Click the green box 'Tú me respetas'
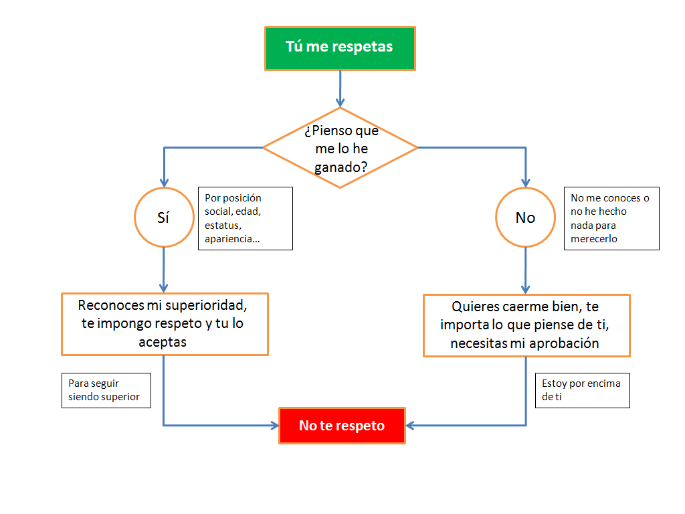point(340,48)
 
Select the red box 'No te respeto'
point(342,426)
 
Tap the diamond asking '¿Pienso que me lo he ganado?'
point(340,148)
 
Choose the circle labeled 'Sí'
point(163,218)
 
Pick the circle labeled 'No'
point(525,218)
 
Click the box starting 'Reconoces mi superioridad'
point(165,324)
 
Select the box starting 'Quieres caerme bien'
point(526,325)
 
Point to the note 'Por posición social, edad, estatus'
point(245,218)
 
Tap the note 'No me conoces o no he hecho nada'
point(611,218)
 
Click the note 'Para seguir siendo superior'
point(106,390)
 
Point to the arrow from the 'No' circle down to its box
point(526,270)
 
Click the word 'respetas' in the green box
point(364,47)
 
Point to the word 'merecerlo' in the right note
point(594,239)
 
